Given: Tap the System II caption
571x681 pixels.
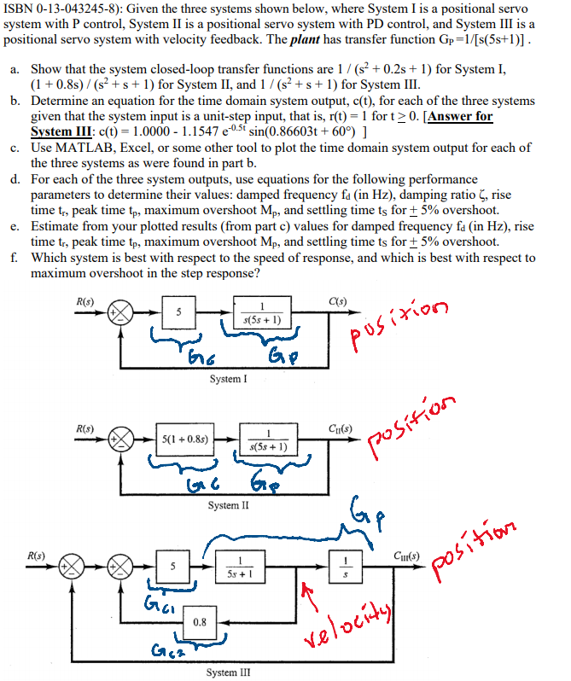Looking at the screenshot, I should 229,505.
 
